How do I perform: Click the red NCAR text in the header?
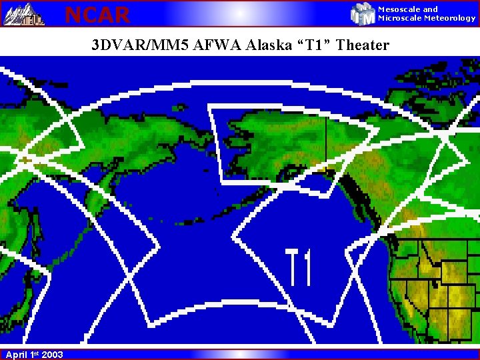click(x=97, y=14)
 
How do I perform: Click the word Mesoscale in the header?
click(x=399, y=9)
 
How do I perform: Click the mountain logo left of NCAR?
click(x=24, y=14)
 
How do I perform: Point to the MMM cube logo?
click(x=363, y=14)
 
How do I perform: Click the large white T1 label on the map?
click(x=299, y=267)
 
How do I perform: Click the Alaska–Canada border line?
click(x=326, y=140)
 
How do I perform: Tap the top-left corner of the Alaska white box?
click(x=210, y=105)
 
